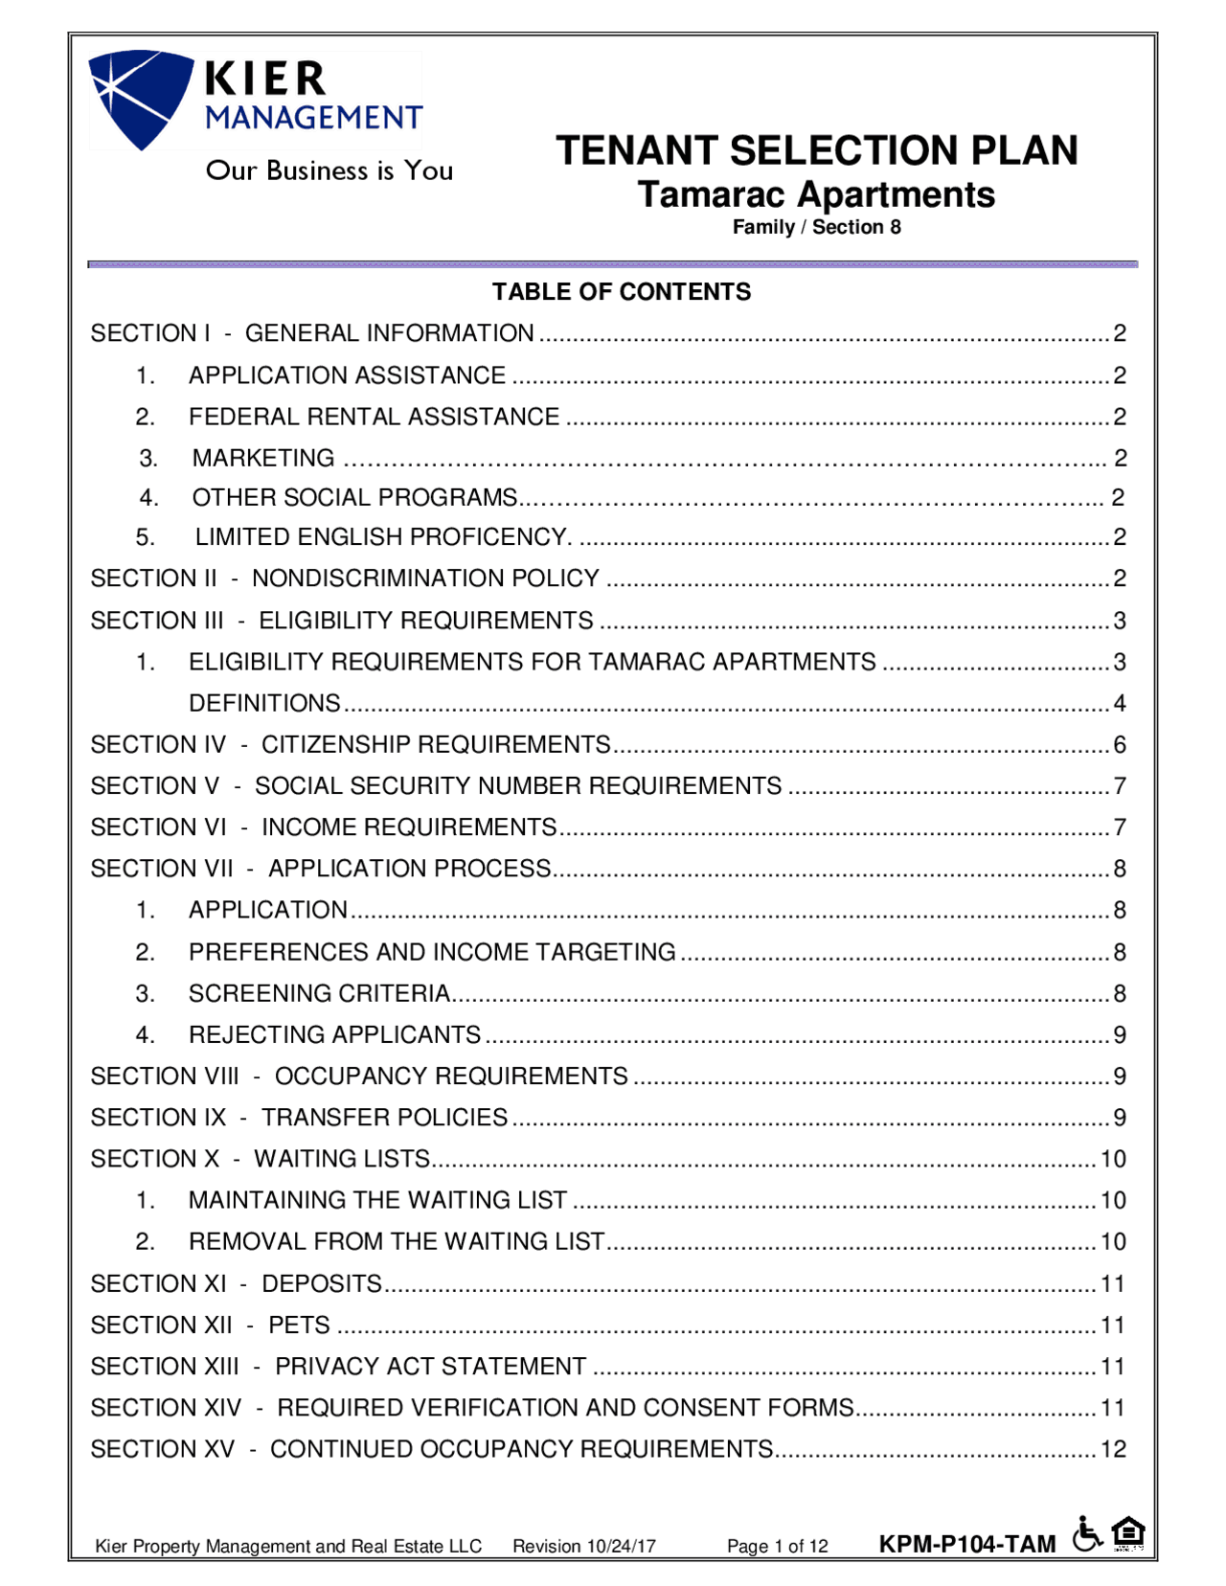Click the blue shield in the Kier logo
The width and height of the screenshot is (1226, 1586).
click(140, 96)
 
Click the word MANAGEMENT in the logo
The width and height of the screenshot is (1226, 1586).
click(313, 118)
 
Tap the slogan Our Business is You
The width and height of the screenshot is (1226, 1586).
click(329, 170)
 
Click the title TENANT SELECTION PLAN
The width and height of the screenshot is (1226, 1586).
click(816, 150)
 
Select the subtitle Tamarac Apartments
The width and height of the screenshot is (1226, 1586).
click(816, 194)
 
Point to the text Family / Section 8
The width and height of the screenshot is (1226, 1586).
click(816, 227)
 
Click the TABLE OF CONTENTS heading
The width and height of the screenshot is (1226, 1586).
click(621, 292)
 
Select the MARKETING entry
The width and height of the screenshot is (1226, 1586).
click(263, 458)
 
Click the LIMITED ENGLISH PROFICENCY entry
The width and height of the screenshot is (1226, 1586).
click(382, 536)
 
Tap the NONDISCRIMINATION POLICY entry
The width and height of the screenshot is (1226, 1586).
click(425, 578)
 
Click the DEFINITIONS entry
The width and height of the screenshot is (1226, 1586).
click(264, 703)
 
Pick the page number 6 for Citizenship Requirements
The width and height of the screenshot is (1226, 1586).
click(1119, 744)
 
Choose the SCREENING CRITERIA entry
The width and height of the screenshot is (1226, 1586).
click(319, 993)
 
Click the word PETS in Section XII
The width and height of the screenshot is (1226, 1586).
click(299, 1325)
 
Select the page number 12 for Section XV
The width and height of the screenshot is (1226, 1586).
click(1113, 1449)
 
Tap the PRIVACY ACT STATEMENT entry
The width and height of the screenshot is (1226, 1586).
click(430, 1366)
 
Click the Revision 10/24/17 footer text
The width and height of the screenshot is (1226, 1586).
click(583, 1546)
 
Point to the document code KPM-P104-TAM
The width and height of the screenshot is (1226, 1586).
click(966, 1544)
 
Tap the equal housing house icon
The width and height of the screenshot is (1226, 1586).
click(1129, 1532)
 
